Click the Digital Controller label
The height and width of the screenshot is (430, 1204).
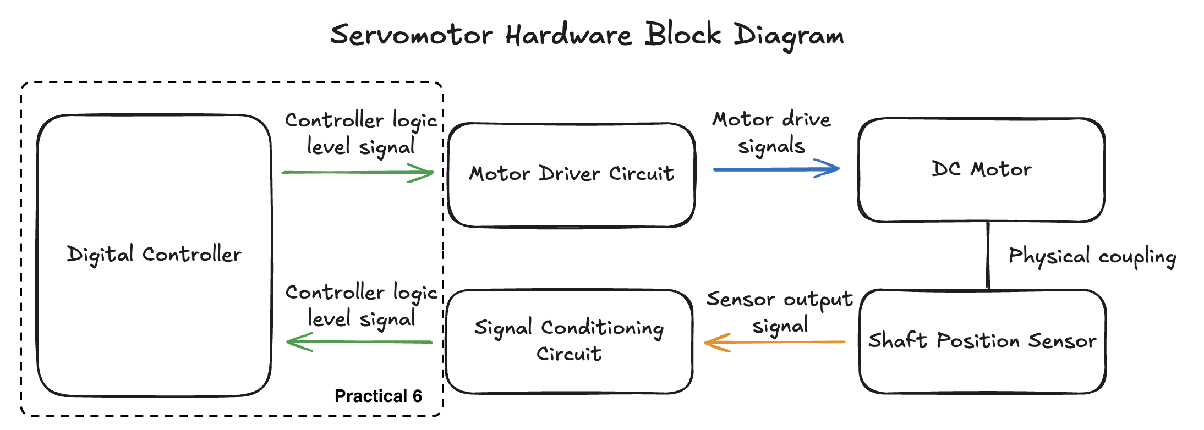pyautogui.click(x=154, y=255)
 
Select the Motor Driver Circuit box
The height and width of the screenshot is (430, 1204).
pyautogui.click(x=572, y=175)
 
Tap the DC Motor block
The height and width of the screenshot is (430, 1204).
pyautogui.click(x=982, y=170)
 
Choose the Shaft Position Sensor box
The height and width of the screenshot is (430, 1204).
pyautogui.click(x=983, y=341)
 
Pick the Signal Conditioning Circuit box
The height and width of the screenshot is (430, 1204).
pyautogui.click(x=570, y=341)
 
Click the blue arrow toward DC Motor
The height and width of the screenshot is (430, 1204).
pyautogui.click(x=776, y=169)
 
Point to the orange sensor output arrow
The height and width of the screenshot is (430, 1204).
pyautogui.click(x=774, y=343)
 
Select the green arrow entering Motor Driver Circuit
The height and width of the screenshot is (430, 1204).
pyautogui.click(x=358, y=173)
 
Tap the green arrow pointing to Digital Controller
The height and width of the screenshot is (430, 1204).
pyautogui.click(x=359, y=342)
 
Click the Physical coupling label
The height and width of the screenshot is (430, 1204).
pyautogui.click(x=1092, y=256)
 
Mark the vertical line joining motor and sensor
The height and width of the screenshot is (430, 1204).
pyautogui.click(x=988, y=256)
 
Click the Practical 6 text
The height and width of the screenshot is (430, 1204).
pyautogui.click(x=378, y=396)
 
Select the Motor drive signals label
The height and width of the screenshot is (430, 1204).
pyautogui.click(x=771, y=133)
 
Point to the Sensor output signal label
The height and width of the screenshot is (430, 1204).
pyautogui.click(x=780, y=312)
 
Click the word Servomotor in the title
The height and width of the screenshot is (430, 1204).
pyautogui.click(x=411, y=35)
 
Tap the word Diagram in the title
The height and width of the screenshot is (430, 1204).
pyautogui.click(x=789, y=36)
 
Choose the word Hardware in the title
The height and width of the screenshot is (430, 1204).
pyautogui.click(x=569, y=35)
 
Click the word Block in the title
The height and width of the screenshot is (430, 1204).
pyautogui.click(x=683, y=34)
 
